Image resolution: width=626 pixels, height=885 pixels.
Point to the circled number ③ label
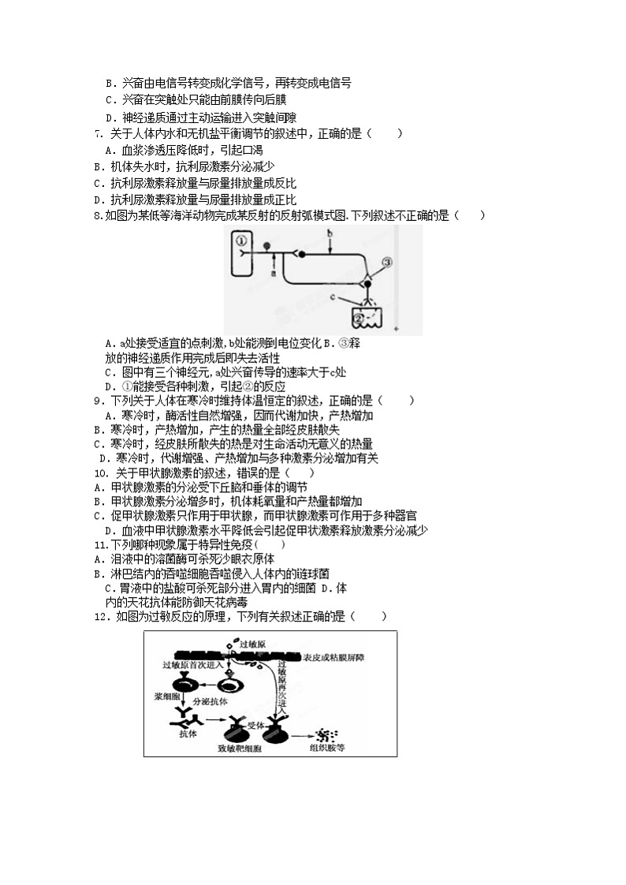[386, 261]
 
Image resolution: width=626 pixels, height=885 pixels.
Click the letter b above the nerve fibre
[331, 234]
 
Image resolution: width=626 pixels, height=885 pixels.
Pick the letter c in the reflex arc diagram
[334, 297]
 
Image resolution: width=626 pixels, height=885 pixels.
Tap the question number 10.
[100, 473]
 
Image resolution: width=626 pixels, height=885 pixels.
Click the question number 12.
[100, 616]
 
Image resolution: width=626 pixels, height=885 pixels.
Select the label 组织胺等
[328, 746]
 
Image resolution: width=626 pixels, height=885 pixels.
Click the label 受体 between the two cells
[256, 720]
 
